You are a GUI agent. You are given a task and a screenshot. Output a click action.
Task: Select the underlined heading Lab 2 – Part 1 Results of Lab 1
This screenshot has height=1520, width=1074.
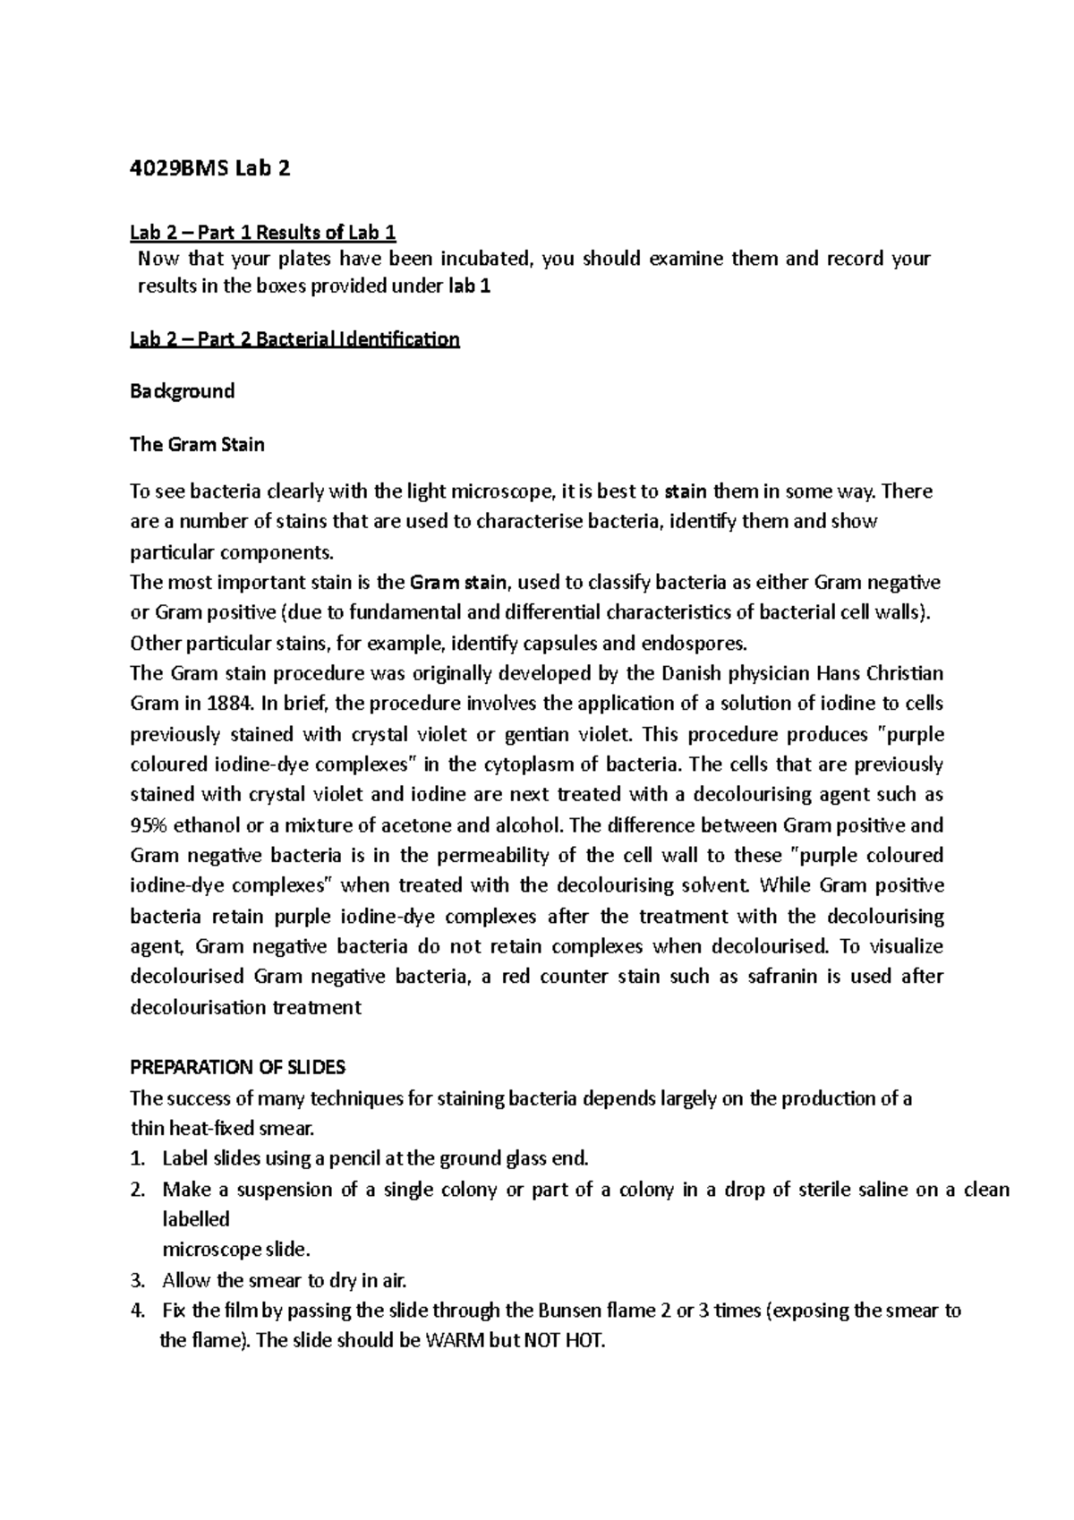(263, 233)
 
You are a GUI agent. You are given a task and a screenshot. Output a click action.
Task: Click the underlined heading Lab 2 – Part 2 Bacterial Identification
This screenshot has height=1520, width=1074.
(294, 339)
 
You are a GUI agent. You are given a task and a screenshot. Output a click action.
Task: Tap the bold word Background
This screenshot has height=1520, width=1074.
(183, 391)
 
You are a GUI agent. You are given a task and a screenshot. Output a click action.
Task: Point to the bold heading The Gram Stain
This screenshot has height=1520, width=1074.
(197, 444)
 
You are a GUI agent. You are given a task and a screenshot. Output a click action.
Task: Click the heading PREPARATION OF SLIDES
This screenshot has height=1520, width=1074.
(237, 1067)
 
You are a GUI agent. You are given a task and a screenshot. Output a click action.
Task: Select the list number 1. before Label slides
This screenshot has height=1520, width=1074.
(137, 1159)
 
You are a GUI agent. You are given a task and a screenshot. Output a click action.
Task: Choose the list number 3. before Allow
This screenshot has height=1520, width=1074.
(137, 1281)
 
